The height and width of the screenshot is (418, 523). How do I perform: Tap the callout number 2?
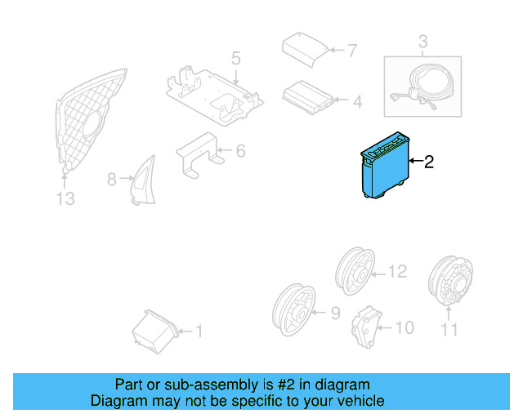(x=428, y=162)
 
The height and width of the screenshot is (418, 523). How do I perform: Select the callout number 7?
(x=351, y=51)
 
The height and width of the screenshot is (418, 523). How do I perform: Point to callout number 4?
(x=356, y=102)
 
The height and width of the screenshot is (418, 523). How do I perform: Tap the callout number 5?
(x=235, y=59)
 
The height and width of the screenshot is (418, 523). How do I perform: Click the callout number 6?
(x=240, y=151)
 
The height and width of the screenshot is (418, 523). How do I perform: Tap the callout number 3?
(x=422, y=41)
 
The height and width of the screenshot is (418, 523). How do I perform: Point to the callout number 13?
(x=65, y=198)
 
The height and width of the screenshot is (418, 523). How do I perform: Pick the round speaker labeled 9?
(x=293, y=309)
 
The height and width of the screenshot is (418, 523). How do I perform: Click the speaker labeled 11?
(x=449, y=282)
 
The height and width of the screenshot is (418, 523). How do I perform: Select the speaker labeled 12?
(x=355, y=271)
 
